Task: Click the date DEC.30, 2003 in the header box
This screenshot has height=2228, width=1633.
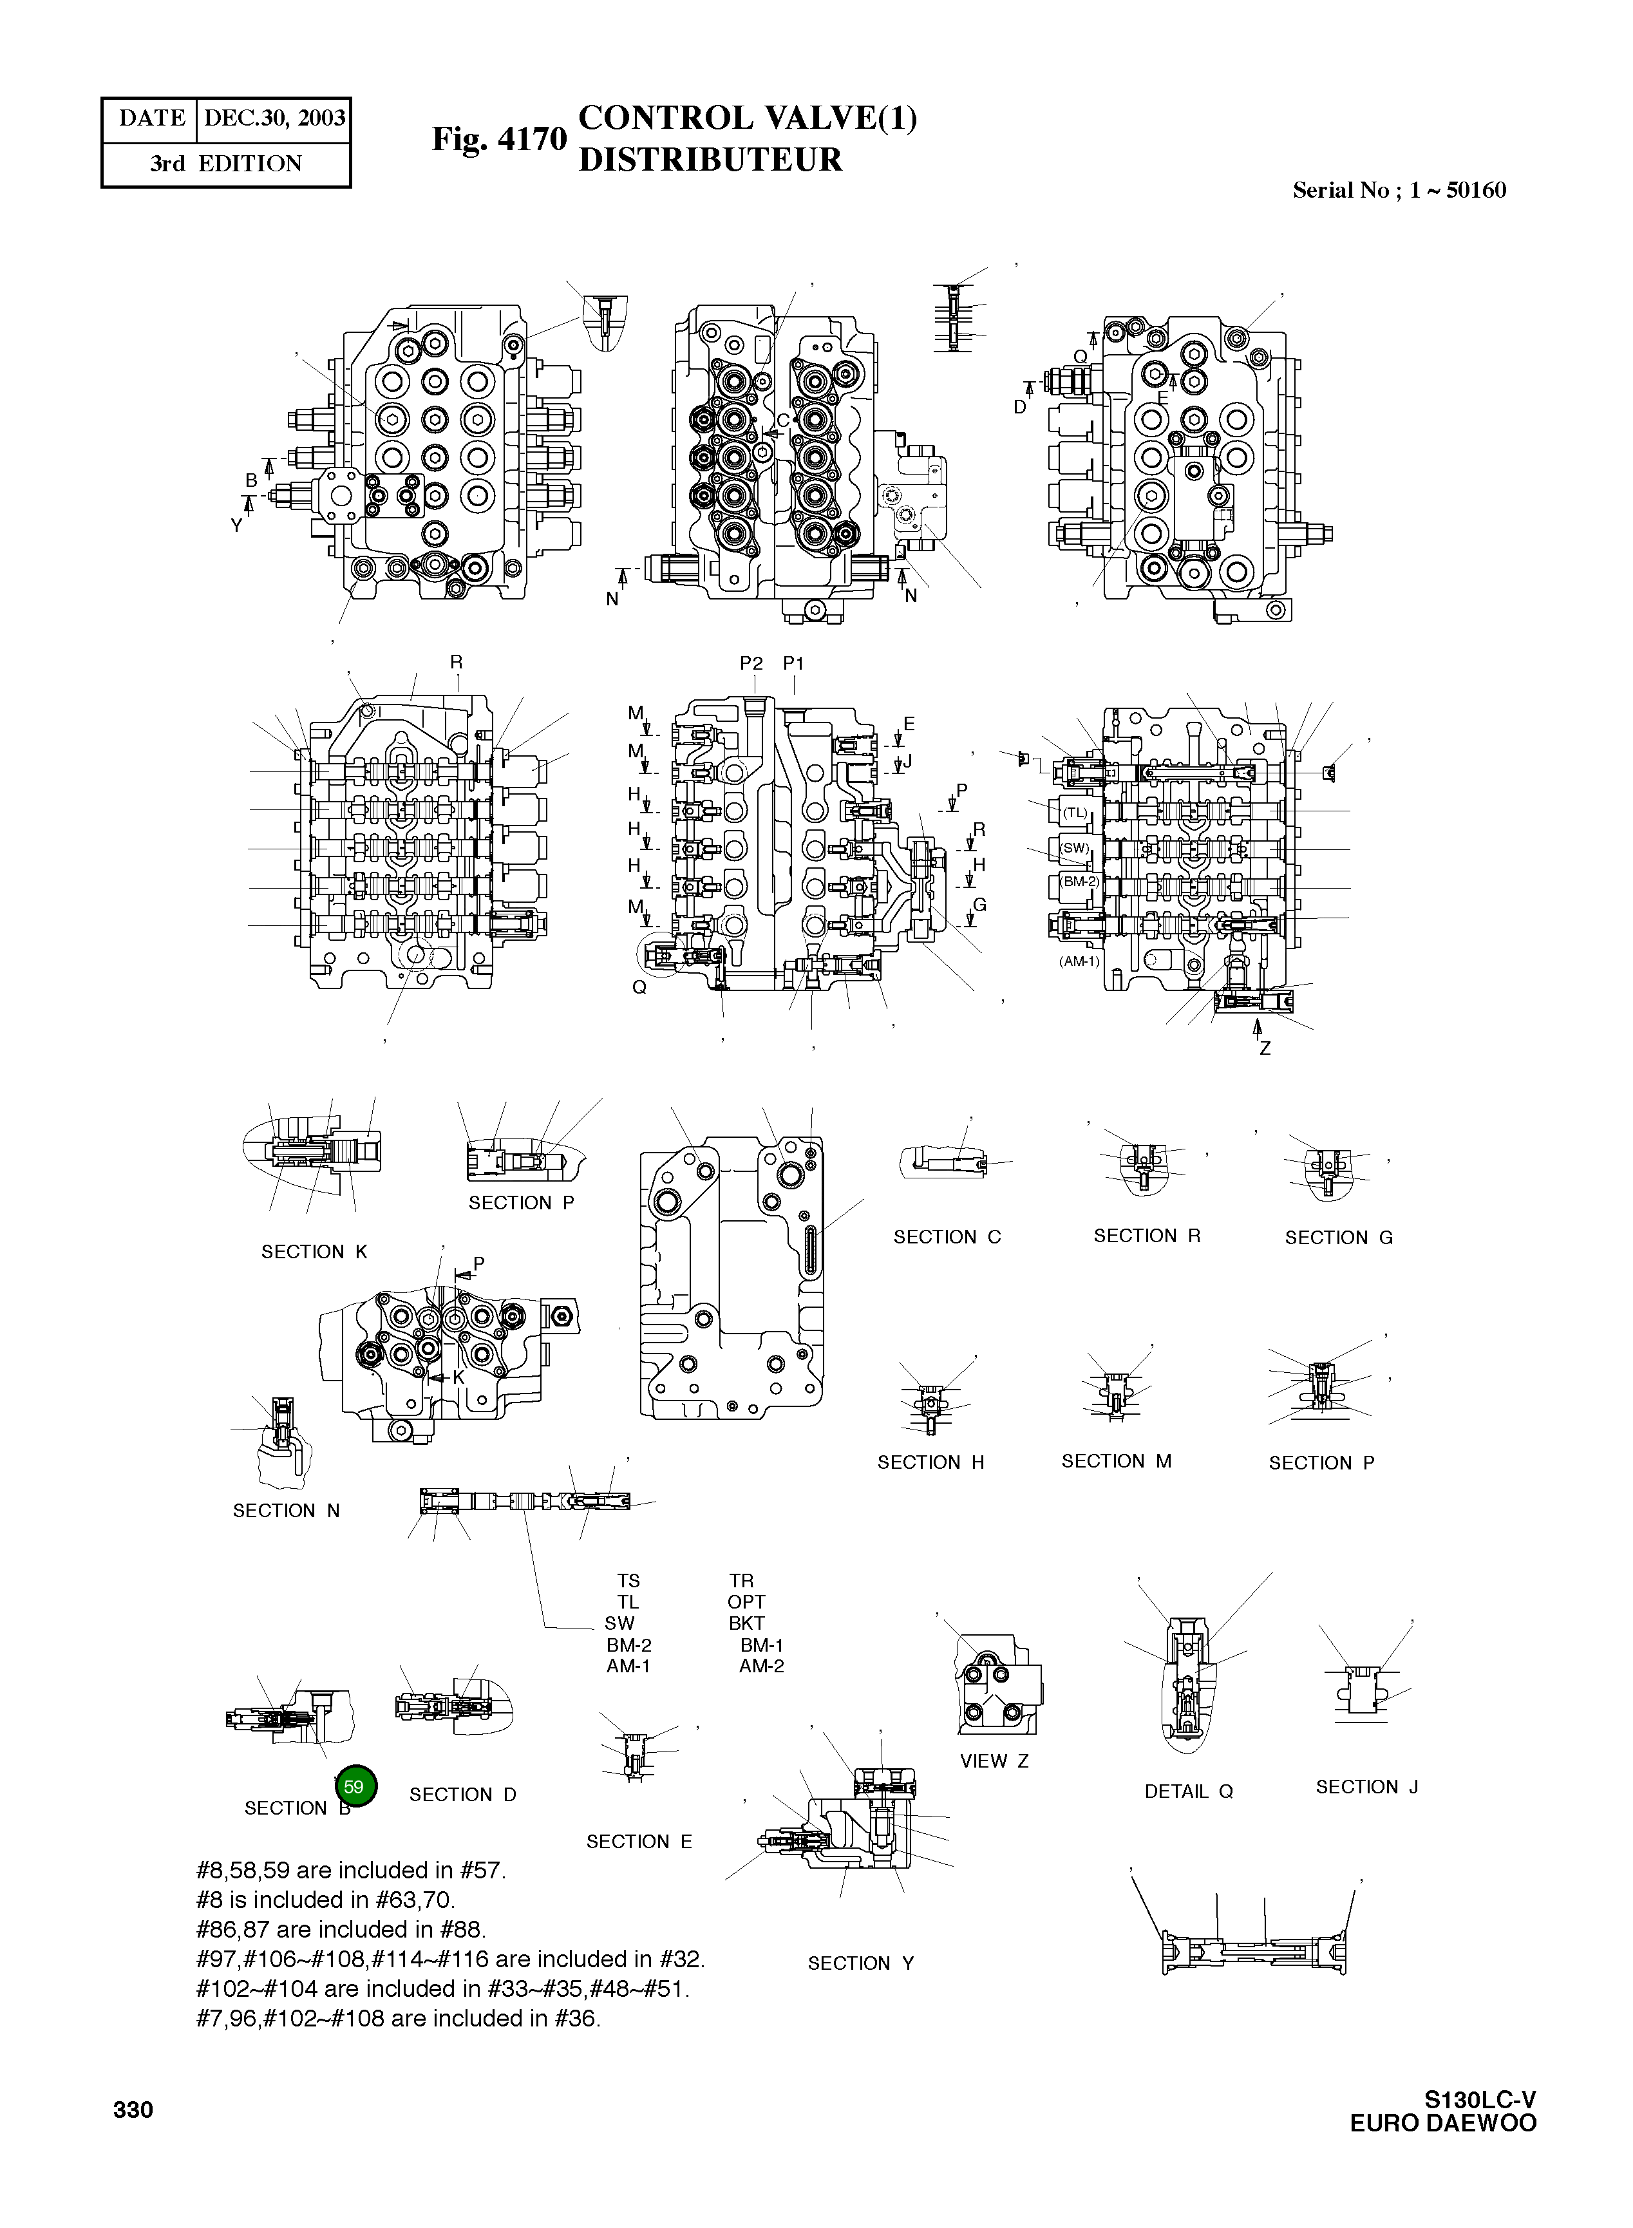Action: (x=274, y=118)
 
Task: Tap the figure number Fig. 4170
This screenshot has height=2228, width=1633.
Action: (x=498, y=138)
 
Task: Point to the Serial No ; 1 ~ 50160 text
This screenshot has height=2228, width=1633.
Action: (x=1399, y=191)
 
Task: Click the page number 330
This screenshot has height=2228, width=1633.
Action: (x=133, y=2110)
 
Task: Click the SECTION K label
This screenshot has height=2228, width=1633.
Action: (x=314, y=1251)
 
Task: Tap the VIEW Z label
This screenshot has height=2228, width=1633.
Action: (x=994, y=1761)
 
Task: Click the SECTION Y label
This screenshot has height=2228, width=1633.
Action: (x=860, y=1963)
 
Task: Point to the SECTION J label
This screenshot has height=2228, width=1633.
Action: (x=1366, y=1786)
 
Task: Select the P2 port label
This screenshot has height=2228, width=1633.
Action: (x=751, y=663)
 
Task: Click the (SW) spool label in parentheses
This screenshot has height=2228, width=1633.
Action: (x=1075, y=848)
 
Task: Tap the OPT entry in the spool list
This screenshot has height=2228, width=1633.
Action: (x=746, y=1601)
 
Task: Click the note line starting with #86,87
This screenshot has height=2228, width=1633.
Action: (x=341, y=1929)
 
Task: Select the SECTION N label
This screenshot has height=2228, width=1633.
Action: (x=286, y=1511)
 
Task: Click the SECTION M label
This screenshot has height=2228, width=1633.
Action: (x=1116, y=1461)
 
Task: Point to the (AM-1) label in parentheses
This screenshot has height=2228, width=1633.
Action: (x=1079, y=961)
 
